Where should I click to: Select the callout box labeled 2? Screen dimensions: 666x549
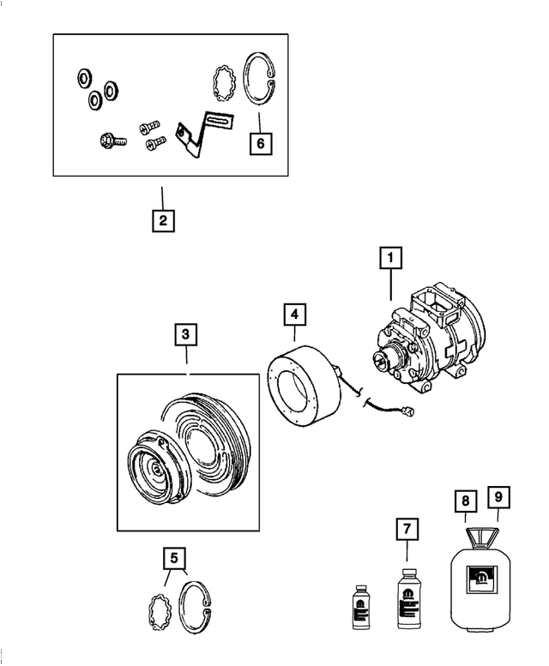(163, 221)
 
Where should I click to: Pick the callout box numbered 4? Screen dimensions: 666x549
(295, 315)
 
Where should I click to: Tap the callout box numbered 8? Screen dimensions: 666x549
(464, 500)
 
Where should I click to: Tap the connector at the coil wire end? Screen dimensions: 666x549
(415, 414)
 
